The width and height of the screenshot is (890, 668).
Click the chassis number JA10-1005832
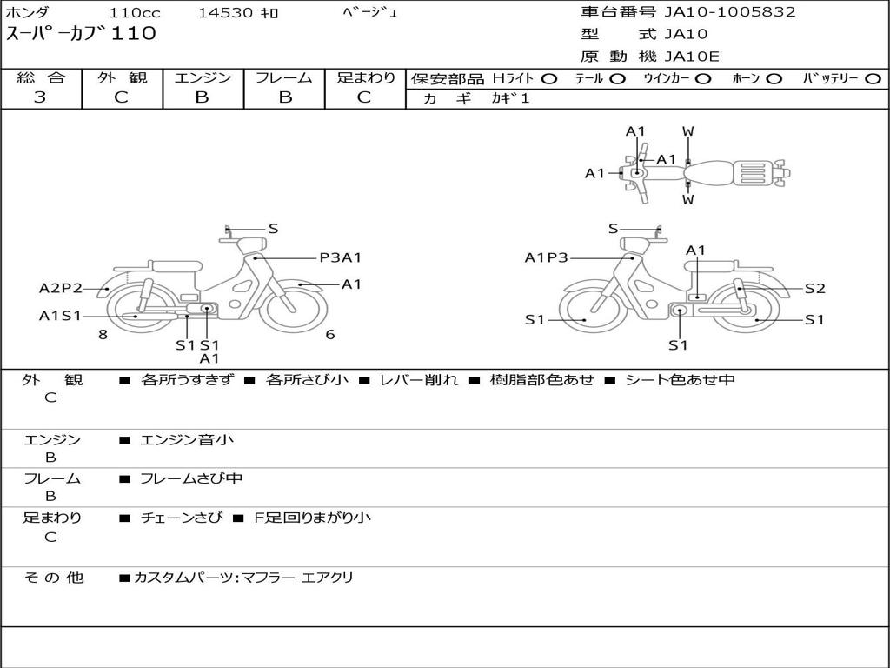[730, 12]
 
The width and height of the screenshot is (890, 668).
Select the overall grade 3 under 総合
[40, 97]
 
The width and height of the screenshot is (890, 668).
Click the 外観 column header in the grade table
[122, 77]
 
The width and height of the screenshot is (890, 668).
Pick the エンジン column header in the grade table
[203, 77]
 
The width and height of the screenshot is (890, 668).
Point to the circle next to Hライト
[549, 79]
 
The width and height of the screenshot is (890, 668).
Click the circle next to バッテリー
[873, 79]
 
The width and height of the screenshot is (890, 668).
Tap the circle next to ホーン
[774, 79]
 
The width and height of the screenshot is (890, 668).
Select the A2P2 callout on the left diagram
[61, 288]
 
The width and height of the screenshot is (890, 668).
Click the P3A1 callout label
[341, 257]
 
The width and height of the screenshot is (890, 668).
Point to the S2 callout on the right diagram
[815, 289]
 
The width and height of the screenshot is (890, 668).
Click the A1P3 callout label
[546, 257]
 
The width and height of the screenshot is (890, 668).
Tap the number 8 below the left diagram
[103, 335]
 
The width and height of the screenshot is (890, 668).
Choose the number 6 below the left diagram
[330, 335]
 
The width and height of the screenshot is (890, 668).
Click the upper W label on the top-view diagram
[688, 131]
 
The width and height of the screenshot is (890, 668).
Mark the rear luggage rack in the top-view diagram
[753, 173]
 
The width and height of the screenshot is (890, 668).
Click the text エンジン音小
[187, 439]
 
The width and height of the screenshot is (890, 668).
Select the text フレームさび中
[191, 479]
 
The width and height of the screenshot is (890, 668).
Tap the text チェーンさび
[182, 518]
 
